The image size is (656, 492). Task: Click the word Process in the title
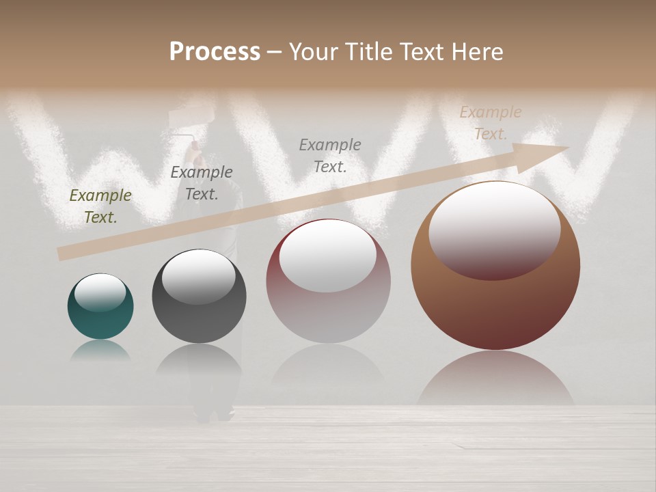pos(215,52)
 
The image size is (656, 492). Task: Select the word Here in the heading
pos(478,52)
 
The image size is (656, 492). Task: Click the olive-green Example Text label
pos(100,206)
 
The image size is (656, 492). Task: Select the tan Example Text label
pos(491,123)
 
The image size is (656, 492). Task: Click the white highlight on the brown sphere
pos(494,231)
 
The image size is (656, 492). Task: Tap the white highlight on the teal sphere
pos(100,292)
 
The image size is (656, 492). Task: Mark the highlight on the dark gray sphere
pos(198,276)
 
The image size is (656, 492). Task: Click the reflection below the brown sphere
pos(495,379)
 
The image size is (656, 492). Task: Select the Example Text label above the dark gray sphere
pos(202,183)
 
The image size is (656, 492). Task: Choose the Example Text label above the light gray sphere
pos(330,156)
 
